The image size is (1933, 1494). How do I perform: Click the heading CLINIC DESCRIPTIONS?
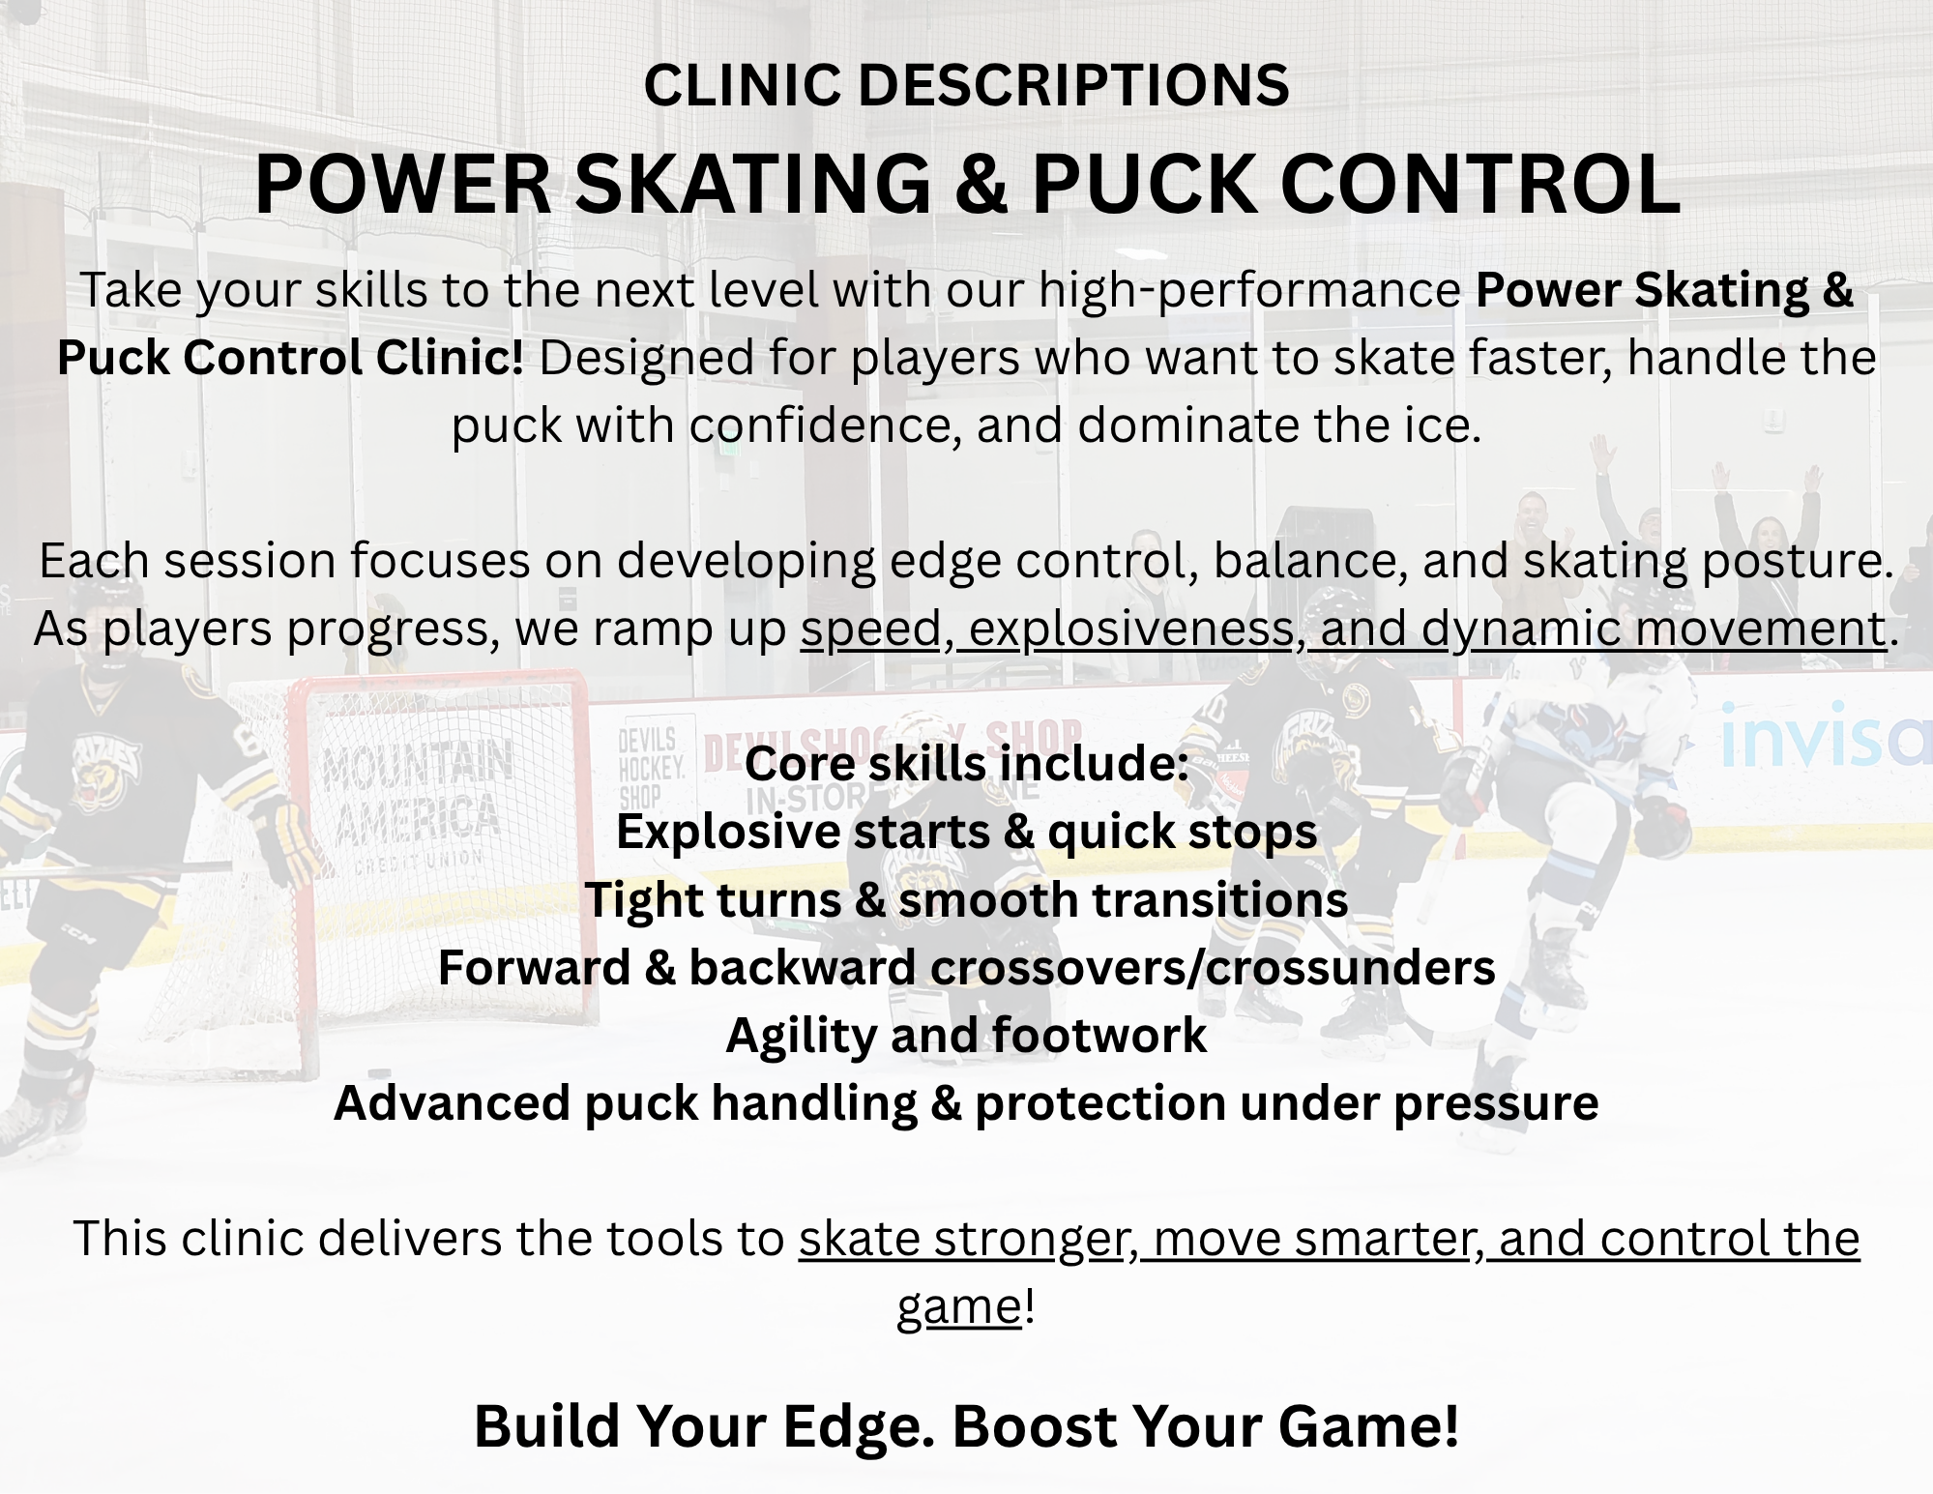[966, 85]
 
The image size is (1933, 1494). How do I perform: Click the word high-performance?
[1249, 290]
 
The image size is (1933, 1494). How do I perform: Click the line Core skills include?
[966, 764]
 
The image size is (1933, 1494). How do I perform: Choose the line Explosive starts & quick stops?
[966, 832]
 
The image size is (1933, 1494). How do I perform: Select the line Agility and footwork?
[966, 1036]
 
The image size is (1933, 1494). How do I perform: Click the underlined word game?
[958, 1307]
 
